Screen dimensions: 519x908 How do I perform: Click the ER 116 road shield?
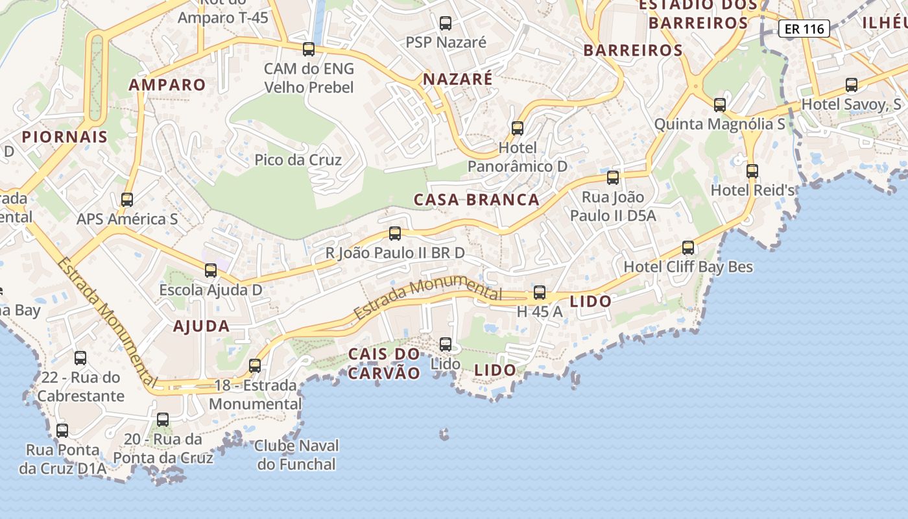(804, 29)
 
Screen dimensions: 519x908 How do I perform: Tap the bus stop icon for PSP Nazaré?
(446, 23)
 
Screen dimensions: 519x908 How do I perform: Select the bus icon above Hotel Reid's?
(752, 171)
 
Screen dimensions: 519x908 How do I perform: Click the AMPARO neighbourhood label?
(167, 84)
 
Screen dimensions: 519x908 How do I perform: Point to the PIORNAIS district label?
(64, 137)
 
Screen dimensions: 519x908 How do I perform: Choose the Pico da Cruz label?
(298, 160)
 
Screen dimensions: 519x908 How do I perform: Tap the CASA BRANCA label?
(477, 200)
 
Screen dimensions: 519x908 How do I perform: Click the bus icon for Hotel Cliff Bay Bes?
(688, 248)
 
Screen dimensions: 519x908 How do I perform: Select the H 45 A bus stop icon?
(540, 293)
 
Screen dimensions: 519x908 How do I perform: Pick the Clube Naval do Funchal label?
(296, 455)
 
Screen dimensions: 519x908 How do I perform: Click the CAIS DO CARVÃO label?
(384, 363)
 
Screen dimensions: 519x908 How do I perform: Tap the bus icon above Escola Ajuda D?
(211, 271)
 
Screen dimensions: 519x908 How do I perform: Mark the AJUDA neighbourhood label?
(201, 326)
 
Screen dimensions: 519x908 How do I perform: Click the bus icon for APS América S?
(127, 200)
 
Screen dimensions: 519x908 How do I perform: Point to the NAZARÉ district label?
(458, 79)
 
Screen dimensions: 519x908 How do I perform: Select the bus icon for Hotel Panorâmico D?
(517, 128)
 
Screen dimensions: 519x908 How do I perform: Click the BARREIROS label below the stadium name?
(633, 50)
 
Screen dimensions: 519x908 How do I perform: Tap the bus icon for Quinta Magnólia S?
(719, 105)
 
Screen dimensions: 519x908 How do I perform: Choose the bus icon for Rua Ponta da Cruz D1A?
(62, 431)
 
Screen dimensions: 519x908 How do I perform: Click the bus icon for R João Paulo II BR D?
(395, 234)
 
